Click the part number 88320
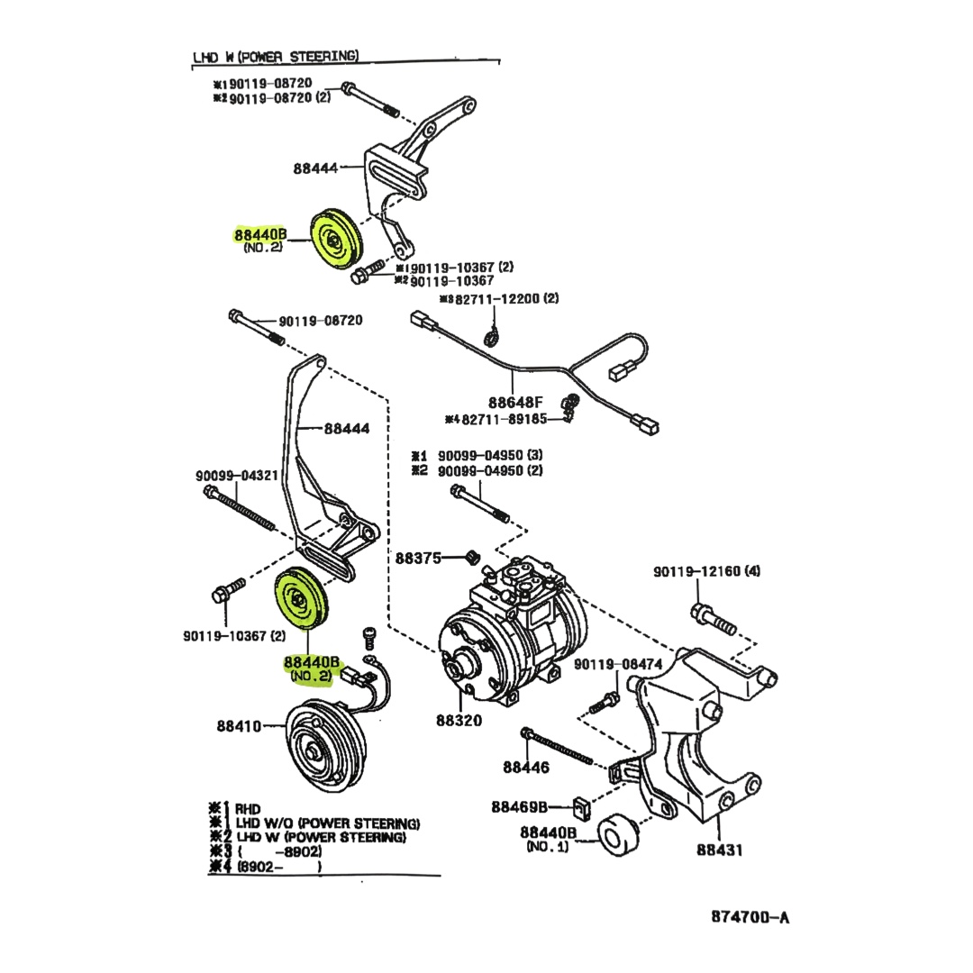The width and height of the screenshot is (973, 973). click(459, 720)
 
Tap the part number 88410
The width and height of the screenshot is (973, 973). click(238, 725)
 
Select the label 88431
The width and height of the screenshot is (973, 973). click(719, 849)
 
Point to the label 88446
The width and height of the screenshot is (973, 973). click(525, 768)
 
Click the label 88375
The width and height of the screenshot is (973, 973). click(418, 558)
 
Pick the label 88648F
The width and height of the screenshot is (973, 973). click(517, 403)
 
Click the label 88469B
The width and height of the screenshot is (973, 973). click(519, 807)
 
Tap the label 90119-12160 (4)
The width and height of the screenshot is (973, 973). click(707, 571)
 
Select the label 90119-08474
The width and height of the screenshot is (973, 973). click(617, 665)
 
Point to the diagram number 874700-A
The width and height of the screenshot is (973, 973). click(750, 917)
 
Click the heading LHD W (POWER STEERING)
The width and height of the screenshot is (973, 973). click(276, 57)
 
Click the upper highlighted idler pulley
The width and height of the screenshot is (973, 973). click(333, 240)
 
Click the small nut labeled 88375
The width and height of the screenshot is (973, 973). click(469, 558)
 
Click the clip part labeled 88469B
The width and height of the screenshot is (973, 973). click(581, 808)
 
